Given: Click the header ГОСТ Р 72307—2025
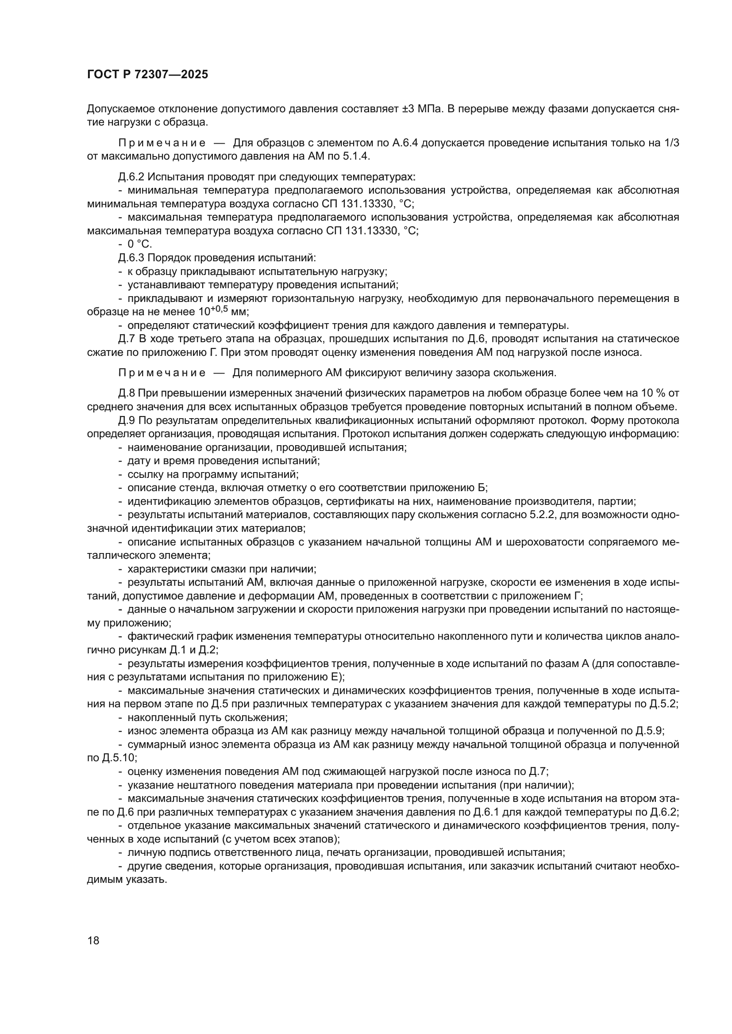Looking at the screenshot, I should coord(147,75).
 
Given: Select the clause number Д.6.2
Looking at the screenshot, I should coord(131,176).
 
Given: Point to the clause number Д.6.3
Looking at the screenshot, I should coord(131,258).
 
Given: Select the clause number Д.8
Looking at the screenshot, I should coord(127,393).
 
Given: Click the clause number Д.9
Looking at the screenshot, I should coord(127,420).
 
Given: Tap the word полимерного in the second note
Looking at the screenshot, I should coord(282,373).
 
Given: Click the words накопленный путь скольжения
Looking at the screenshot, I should coord(207,717).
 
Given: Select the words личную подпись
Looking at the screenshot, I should coord(164,852).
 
